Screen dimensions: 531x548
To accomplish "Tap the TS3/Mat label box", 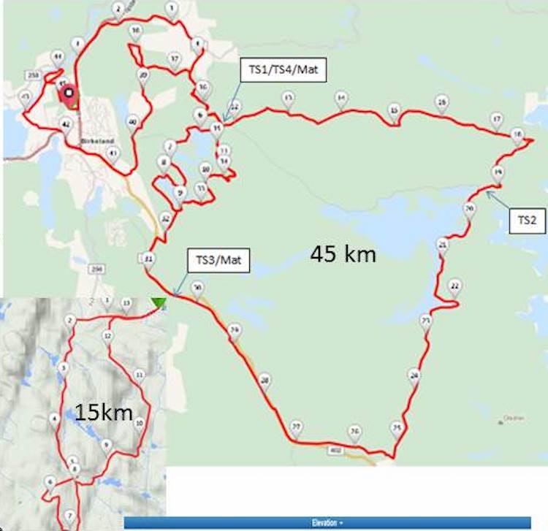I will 219,259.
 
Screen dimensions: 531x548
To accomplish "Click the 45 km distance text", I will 343,254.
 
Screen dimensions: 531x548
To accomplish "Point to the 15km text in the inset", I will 103,413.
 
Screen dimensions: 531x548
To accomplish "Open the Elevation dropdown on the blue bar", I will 327,523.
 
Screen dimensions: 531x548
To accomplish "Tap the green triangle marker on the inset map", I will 159,302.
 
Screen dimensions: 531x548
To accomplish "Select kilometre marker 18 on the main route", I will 517,135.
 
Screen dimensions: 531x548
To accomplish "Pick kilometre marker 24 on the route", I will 415,375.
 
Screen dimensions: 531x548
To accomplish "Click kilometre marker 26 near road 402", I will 354,432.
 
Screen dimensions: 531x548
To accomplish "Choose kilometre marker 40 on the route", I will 132,121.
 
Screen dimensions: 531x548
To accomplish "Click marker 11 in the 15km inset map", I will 139,375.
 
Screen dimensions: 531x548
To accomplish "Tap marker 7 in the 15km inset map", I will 69,515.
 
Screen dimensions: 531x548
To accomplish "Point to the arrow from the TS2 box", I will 497,200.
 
